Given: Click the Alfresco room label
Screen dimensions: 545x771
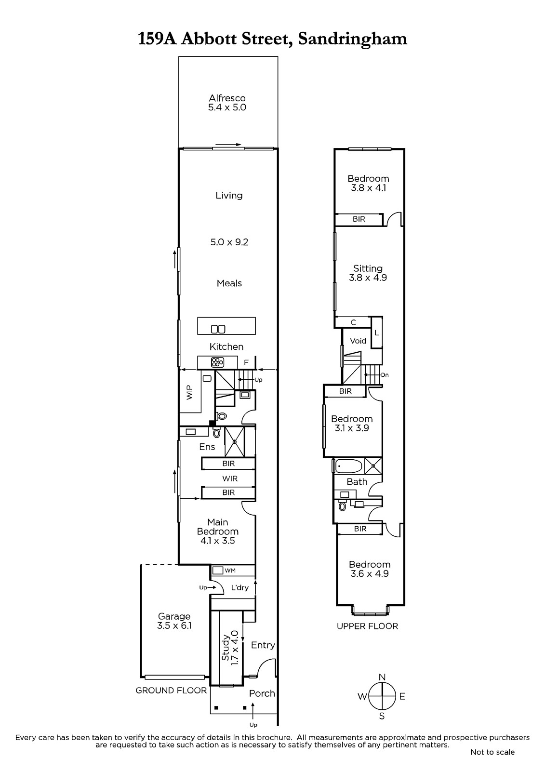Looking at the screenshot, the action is click(x=227, y=98).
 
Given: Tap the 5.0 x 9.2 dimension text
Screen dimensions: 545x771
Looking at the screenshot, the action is click(x=229, y=242).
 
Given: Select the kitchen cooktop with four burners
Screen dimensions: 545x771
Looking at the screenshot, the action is click(x=218, y=362).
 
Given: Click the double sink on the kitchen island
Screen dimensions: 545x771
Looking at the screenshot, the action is click(x=218, y=329).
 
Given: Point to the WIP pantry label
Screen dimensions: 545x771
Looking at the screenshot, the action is click(x=189, y=392).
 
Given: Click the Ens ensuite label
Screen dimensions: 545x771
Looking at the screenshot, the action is click(x=207, y=447).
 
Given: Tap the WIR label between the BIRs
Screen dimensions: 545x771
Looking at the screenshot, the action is click(x=230, y=479).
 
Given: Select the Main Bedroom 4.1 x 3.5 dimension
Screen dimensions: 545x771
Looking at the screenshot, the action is click(x=218, y=540).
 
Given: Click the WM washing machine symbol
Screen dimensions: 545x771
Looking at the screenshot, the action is click(x=218, y=571).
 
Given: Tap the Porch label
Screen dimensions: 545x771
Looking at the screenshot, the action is click(x=262, y=693).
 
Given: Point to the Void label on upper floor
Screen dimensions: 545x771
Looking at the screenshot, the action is click(x=358, y=341).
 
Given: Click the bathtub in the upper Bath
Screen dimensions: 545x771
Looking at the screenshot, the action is click(x=348, y=466).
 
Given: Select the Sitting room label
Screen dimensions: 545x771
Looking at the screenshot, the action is click(x=368, y=268).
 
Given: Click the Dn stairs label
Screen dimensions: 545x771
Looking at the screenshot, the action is click(x=385, y=375).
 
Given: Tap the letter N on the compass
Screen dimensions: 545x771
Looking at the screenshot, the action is click(x=382, y=677).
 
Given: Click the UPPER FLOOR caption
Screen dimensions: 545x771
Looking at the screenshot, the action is click(x=367, y=626).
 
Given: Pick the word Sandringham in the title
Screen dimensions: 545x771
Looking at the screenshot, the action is click(x=353, y=39).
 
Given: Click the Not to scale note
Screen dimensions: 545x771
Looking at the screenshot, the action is click(x=492, y=752).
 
